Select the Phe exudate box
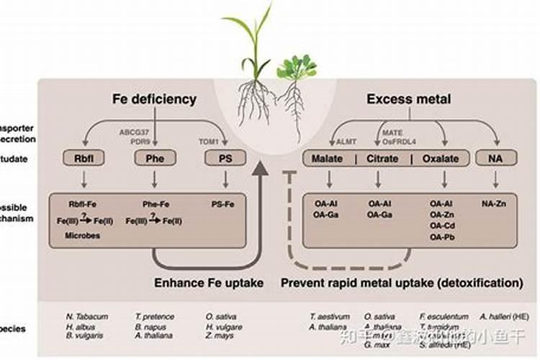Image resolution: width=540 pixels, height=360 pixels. (x=156, y=158)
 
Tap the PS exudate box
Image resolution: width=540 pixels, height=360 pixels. (x=225, y=158)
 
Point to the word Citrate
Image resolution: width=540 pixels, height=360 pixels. (x=383, y=158)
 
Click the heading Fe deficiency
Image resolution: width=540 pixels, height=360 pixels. (x=154, y=99)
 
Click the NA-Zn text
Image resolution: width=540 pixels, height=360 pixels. (x=494, y=204)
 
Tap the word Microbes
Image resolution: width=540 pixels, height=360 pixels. (x=82, y=235)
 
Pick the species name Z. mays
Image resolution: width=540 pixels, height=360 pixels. (x=219, y=336)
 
